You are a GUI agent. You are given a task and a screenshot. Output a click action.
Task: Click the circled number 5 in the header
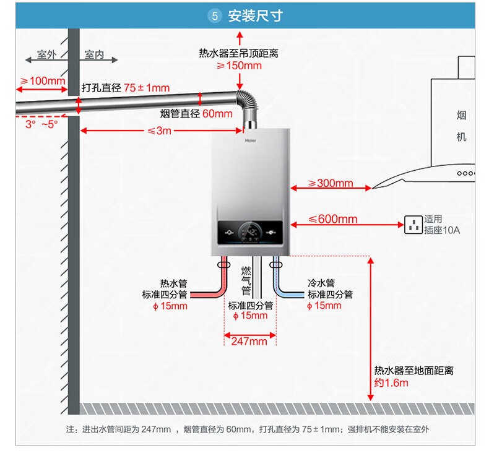point(215,15)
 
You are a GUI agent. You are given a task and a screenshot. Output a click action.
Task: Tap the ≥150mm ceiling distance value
point(240,66)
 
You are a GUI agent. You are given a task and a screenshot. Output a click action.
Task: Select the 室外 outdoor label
point(47,54)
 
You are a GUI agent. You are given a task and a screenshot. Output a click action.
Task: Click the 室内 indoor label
point(94,54)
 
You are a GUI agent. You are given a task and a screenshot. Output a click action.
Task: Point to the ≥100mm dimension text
point(43,80)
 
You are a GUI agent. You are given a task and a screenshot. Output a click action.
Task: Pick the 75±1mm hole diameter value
point(147,88)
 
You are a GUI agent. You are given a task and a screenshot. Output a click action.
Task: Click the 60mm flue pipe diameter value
point(217,114)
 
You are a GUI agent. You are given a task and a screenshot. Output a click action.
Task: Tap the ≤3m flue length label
point(159,131)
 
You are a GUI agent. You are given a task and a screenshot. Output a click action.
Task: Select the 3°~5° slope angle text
point(41,124)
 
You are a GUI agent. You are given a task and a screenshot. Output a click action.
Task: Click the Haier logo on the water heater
point(251,140)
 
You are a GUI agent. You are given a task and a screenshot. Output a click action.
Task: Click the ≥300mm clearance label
point(331,183)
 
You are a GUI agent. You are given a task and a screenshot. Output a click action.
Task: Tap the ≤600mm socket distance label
point(333,219)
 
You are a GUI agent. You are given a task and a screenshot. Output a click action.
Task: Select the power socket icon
point(413,225)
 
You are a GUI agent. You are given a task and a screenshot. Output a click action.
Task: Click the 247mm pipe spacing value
point(249,342)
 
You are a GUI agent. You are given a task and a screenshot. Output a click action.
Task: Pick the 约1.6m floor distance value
point(391,382)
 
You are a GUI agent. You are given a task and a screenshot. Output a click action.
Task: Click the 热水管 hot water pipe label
point(174,283)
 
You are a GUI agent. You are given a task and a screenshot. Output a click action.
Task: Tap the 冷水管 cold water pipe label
point(321,283)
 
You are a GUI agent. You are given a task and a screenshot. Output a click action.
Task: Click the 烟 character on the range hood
point(461,115)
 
